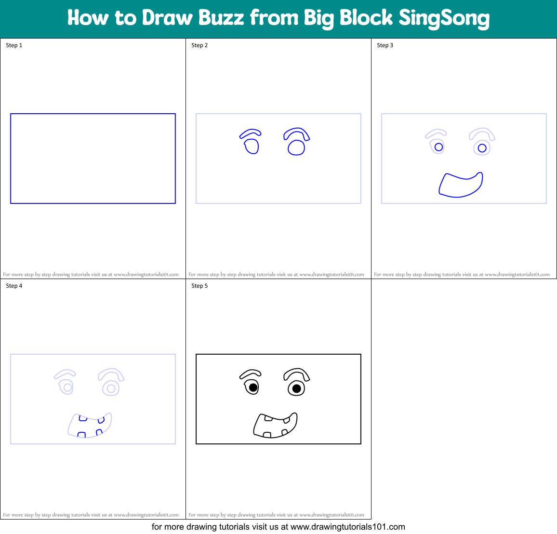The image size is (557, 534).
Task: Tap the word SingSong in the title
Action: click(x=444, y=18)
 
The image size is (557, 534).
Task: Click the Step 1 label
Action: click(x=14, y=45)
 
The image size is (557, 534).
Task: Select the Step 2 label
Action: click(x=199, y=45)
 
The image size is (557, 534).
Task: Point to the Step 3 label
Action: click(x=385, y=45)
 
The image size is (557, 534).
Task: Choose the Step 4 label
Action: click(x=14, y=286)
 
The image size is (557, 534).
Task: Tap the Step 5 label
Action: click(x=199, y=286)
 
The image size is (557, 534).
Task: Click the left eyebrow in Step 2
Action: click(x=251, y=133)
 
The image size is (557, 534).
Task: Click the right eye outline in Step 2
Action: click(x=296, y=147)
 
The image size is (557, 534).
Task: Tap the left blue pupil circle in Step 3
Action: click(x=438, y=147)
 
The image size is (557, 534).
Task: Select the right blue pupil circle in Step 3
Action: click(x=482, y=148)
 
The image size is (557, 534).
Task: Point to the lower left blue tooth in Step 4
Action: click(x=81, y=435)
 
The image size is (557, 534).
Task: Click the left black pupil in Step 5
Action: click(x=253, y=387)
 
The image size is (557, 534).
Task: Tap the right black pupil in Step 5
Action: click(x=297, y=388)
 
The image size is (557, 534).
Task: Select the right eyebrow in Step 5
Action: click(x=296, y=374)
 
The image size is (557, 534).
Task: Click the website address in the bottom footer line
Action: click(x=348, y=527)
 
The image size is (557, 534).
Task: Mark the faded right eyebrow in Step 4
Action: click(x=111, y=374)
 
